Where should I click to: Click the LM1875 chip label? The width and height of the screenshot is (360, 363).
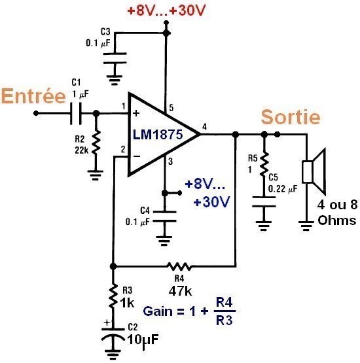click(158, 134)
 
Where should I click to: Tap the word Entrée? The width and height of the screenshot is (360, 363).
click(33, 96)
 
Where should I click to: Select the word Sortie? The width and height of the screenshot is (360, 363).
click(291, 117)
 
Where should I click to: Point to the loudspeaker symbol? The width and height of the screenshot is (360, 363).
click(314, 171)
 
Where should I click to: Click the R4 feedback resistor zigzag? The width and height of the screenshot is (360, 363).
click(179, 266)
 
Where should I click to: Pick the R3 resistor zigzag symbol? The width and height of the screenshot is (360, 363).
click(113, 296)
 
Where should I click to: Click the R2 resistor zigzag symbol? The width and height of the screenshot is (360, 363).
click(96, 143)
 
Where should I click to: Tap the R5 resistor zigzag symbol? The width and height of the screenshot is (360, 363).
click(264, 164)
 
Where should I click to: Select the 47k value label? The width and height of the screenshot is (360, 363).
click(180, 291)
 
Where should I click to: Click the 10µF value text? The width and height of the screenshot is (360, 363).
click(143, 340)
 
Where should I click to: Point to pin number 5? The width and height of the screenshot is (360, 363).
click(171, 108)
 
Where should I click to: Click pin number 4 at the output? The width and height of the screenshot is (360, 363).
click(204, 127)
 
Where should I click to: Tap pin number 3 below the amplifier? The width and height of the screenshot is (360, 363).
click(170, 162)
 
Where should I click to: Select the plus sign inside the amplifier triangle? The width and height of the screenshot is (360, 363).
click(136, 113)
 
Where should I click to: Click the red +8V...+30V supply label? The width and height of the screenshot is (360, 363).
click(166, 10)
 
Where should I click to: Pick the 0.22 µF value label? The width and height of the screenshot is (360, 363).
click(283, 189)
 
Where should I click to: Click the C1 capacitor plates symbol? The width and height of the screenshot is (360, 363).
click(76, 113)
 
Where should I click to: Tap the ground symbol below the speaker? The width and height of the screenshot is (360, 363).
click(306, 226)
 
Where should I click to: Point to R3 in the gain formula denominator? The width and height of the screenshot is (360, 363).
click(224, 320)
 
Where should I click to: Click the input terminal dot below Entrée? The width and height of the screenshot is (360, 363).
click(36, 113)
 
